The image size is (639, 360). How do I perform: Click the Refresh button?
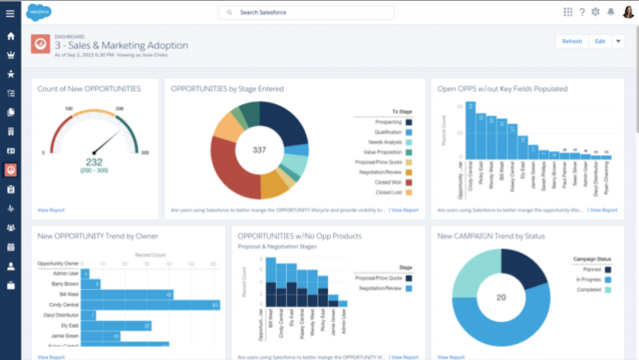(x=572, y=41)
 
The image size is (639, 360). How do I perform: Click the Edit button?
(x=600, y=41)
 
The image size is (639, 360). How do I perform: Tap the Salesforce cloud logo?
(x=39, y=11)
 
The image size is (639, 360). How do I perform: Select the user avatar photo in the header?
(x=628, y=12)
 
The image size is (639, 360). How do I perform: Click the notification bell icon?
(x=611, y=12)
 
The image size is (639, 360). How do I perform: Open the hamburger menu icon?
(x=10, y=13)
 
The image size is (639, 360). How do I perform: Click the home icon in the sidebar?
(x=10, y=36)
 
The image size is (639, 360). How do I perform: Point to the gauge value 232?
(x=94, y=162)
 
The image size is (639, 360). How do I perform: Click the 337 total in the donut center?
(x=259, y=150)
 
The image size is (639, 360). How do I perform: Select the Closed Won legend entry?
(x=388, y=182)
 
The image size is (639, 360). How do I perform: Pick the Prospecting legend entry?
(x=388, y=122)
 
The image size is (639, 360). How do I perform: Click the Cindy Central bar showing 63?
(x=150, y=304)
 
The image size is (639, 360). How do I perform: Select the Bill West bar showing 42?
(x=127, y=294)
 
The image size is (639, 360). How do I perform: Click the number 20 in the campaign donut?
(x=501, y=297)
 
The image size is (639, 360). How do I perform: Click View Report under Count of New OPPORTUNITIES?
(x=51, y=210)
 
